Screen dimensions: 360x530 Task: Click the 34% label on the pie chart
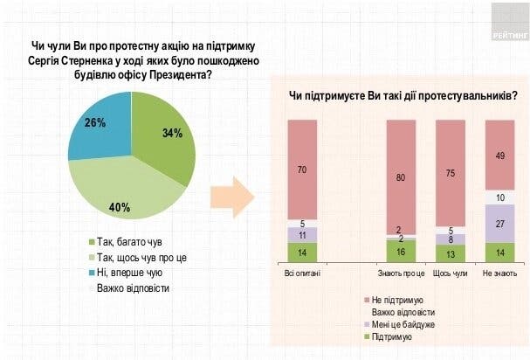(172, 135)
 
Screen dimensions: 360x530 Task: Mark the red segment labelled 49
(498, 156)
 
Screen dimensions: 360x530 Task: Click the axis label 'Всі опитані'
(301, 273)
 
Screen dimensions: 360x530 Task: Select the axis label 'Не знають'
(498, 273)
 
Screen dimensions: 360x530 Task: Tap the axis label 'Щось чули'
(449, 273)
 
